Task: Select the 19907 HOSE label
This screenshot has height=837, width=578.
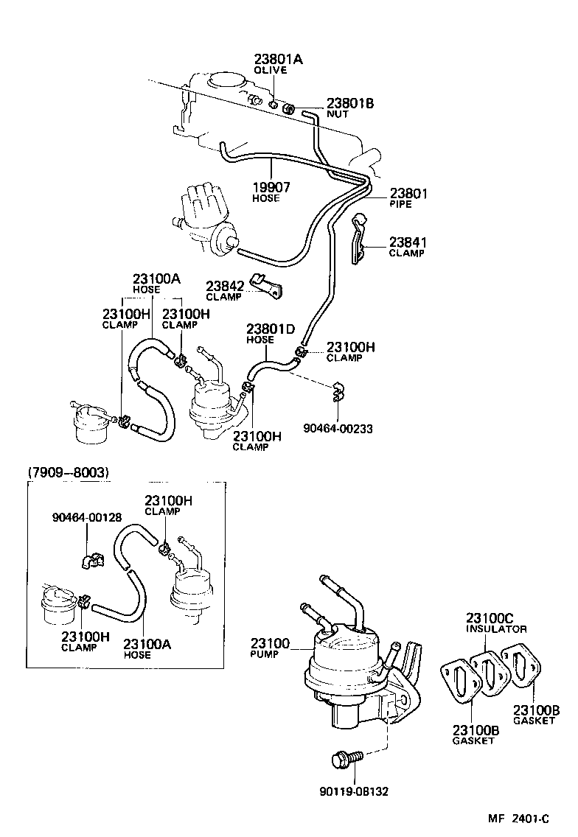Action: [x=271, y=192]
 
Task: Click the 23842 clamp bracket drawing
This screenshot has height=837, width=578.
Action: [x=266, y=286]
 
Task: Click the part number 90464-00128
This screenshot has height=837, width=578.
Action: [x=86, y=517]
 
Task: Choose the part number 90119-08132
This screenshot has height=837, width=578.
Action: [x=354, y=791]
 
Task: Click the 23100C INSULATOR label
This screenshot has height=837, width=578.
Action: [x=495, y=623]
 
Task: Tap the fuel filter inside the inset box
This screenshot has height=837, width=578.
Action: [x=58, y=601]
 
